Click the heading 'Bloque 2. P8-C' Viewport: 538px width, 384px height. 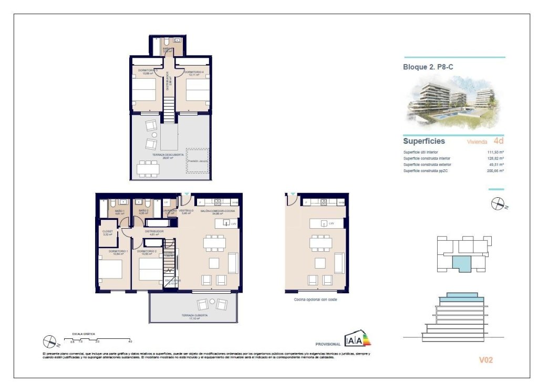[x=428, y=67]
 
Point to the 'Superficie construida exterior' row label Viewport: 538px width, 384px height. [x=427, y=165]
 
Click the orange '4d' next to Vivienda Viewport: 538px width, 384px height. [x=498, y=141]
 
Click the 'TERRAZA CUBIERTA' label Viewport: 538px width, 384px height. [x=194, y=316]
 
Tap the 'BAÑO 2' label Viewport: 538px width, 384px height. [x=142, y=211]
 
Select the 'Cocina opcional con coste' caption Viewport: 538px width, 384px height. [x=315, y=299]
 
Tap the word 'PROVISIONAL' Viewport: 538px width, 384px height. [x=328, y=344]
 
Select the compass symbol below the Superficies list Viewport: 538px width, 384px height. [x=497, y=204]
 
